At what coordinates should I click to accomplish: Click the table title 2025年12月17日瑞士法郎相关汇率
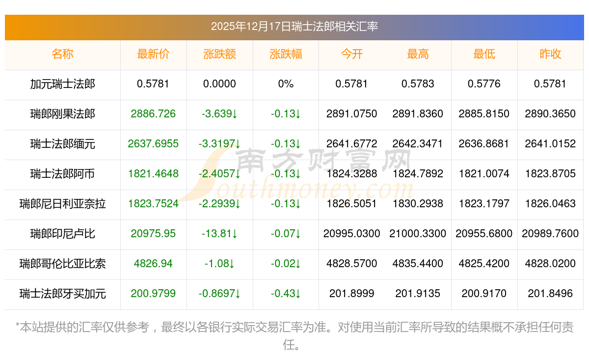pyautogui.click(x=294, y=27)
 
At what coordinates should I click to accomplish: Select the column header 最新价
pyautogui.click(x=153, y=55)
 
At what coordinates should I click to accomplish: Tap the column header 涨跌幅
pyautogui.click(x=286, y=55)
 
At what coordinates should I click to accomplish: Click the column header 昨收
pyautogui.click(x=550, y=55)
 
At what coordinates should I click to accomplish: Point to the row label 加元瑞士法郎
pyautogui.click(x=62, y=84)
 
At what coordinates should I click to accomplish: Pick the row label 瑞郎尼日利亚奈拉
pyautogui.click(x=62, y=204)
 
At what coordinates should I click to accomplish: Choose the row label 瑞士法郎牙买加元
pyautogui.click(x=62, y=294)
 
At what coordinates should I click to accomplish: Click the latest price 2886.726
pyautogui.click(x=153, y=114)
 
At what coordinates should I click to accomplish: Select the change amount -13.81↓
pyautogui.click(x=219, y=234)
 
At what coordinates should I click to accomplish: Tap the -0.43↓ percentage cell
pyautogui.click(x=286, y=294)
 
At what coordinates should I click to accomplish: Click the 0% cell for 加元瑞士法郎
pyautogui.click(x=286, y=84)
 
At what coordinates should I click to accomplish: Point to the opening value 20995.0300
pyautogui.click(x=351, y=234)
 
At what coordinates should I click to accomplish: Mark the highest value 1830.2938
pyautogui.click(x=418, y=204)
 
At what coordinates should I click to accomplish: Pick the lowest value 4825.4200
pyautogui.click(x=484, y=264)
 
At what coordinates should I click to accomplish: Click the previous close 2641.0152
pyautogui.click(x=550, y=144)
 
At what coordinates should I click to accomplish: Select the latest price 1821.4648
pyautogui.click(x=153, y=174)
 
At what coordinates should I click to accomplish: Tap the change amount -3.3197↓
pyautogui.click(x=219, y=144)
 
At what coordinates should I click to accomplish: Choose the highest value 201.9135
pyautogui.click(x=418, y=294)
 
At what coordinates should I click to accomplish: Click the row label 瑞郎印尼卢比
pyautogui.click(x=62, y=234)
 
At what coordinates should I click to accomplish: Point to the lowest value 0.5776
pyautogui.click(x=484, y=84)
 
